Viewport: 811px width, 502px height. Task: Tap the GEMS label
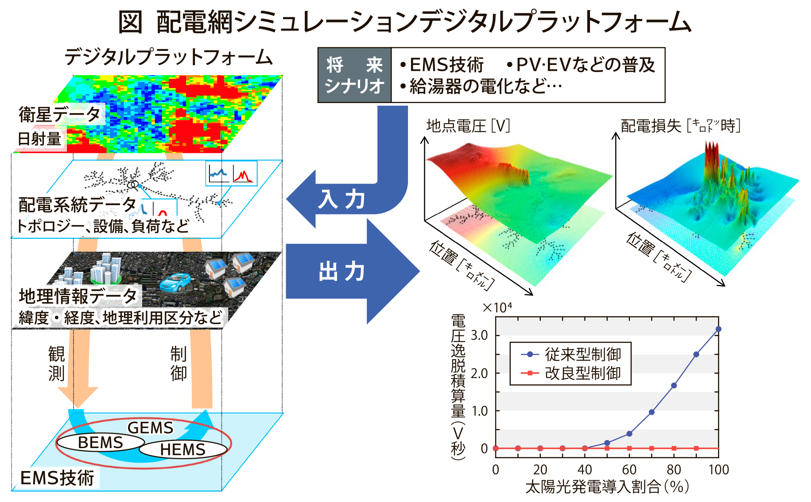(x=151, y=428)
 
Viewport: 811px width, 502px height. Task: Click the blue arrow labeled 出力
(x=352, y=271)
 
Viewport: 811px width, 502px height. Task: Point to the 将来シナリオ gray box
(x=355, y=75)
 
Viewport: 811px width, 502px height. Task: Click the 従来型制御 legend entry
(x=571, y=354)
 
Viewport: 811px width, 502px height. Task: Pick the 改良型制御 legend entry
(x=571, y=373)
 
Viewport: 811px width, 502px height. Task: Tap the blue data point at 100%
(x=718, y=329)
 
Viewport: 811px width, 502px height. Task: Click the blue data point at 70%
(x=652, y=412)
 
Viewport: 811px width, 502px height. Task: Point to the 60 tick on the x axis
(x=629, y=469)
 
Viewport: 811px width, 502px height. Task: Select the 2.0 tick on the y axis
(x=479, y=373)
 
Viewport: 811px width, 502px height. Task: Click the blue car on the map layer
(x=176, y=282)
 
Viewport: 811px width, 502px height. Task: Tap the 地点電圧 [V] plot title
(x=468, y=126)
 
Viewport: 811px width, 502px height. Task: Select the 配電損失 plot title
(x=680, y=126)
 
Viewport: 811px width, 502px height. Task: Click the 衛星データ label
(x=60, y=114)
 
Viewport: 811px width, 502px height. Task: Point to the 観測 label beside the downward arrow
(x=57, y=364)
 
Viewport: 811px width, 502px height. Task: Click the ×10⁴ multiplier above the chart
(x=497, y=307)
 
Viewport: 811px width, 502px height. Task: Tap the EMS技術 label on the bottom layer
(x=57, y=478)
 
